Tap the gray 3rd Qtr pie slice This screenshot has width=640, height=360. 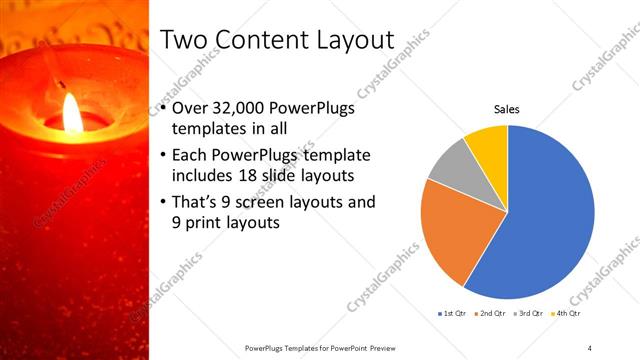pyautogui.click(x=451, y=165)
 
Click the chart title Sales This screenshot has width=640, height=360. pyautogui.click(x=507, y=109)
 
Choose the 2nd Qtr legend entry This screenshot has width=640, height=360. pyautogui.click(x=490, y=313)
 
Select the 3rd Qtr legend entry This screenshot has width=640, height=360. pyautogui.click(x=529, y=313)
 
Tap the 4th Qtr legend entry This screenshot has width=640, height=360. pyautogui.click(x=568, y=313)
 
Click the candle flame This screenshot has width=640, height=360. pyautogui.click(x=73, y=113)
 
